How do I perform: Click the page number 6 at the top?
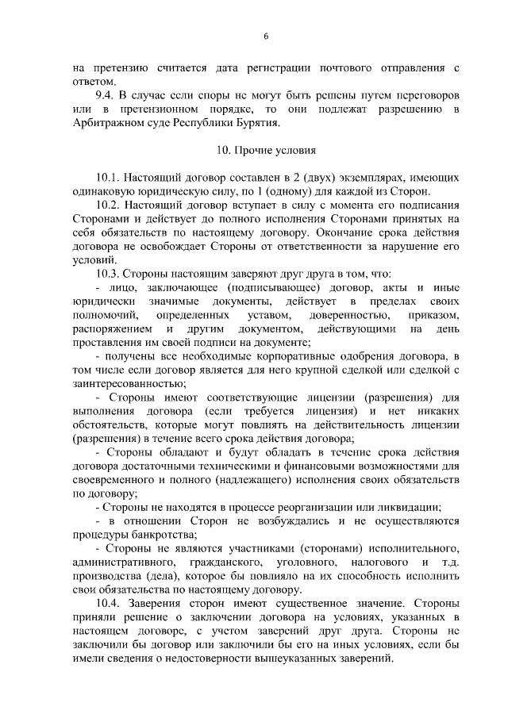point(267,36)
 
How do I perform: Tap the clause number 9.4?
point(105,94)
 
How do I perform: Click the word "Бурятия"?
point(259,123)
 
